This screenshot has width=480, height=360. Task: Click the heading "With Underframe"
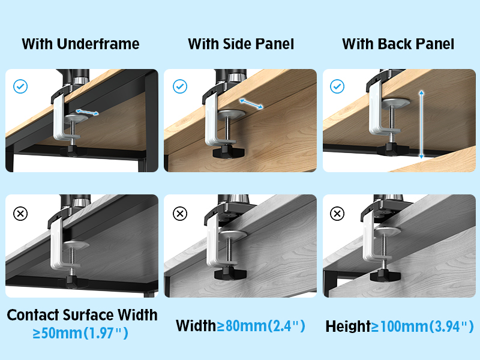(80, 44)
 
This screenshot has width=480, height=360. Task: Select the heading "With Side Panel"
(241, 44)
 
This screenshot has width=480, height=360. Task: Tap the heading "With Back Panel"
(398, 44)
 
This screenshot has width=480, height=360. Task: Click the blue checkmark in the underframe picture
(20, 87)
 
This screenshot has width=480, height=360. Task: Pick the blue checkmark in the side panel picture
(179, 87)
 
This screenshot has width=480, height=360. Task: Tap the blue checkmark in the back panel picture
(338, 87)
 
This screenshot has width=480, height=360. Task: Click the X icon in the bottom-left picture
(20, 213)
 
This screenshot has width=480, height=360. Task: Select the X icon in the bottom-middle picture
(179, 213)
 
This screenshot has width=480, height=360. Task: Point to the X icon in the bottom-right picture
(338, 213)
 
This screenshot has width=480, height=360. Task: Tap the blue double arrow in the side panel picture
(251, 103)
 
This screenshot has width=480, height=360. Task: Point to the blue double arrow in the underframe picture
(88, 112)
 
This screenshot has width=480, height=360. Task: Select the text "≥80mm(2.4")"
(261, 326)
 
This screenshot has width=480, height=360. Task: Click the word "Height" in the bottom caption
(347, 326)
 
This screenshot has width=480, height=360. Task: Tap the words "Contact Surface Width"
(82, 314)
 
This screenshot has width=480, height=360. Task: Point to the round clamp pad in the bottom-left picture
(77, 245)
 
